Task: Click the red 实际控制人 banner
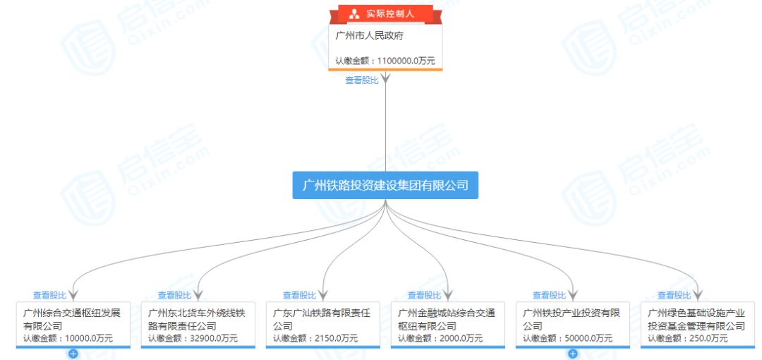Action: (x=385, y=13)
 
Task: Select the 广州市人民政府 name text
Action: (x=369, y=35)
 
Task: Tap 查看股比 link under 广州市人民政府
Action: (x=361, y=80)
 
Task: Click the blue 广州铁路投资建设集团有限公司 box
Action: (x=385, y=185)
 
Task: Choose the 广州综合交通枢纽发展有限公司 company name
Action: (x=71, y=319)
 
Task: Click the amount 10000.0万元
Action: (x=88, y=339)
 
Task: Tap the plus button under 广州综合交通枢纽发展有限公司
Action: (x=73, y=354)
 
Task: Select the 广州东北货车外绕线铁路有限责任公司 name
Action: (x=196, y=319)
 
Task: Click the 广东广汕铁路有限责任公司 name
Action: (x=321, y=319)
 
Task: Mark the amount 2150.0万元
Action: (x=336, y=339)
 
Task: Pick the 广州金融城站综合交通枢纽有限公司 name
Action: (x=446, y=319)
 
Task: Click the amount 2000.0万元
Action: (x=461, y=339)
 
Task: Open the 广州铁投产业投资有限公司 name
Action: (x=571, y=319)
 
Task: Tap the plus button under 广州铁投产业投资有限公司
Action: (x=573, y=354)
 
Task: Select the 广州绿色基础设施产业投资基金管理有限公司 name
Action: (x=696, y=319)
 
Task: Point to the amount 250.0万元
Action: (x=708, y=339)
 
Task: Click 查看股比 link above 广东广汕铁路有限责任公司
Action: (x=299, y=296)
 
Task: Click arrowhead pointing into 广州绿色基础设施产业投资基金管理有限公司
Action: (x=697, y=295)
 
